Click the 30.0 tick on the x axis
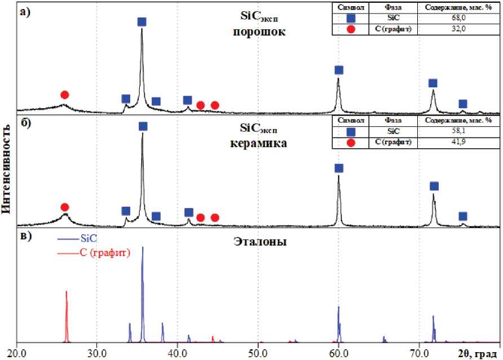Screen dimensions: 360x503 [x=97, y=353]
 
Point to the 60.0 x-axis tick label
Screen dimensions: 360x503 [x=338, y=353]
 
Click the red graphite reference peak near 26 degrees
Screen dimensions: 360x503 [x=67, y=315]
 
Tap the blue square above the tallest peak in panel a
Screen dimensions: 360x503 [x=142, y=22]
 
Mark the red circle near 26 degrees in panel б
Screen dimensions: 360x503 [x=65, y=207]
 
